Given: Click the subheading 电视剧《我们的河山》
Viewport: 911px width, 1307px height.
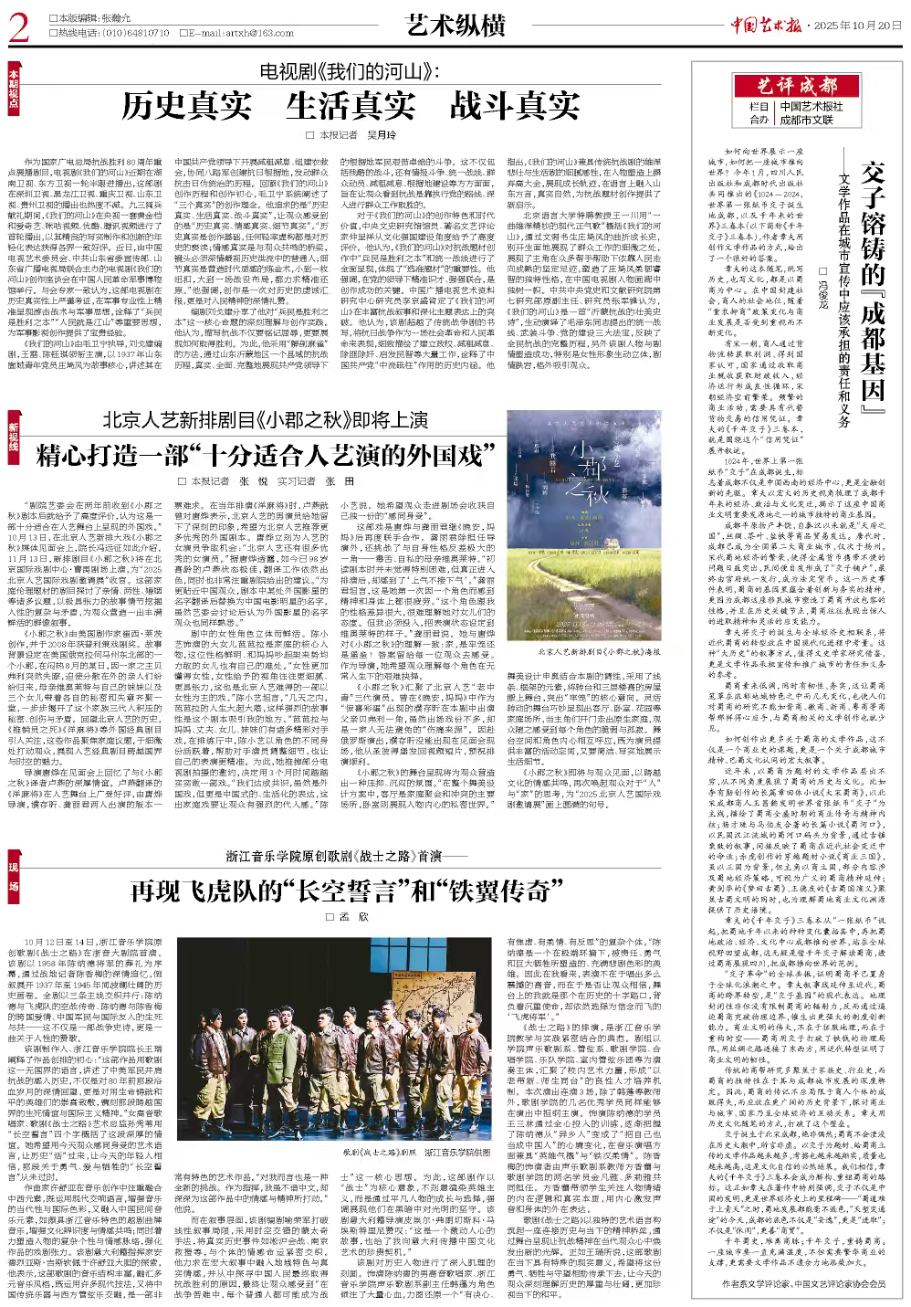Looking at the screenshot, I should coord(351,70).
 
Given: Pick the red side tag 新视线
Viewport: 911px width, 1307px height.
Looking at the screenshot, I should coord(12,437).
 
